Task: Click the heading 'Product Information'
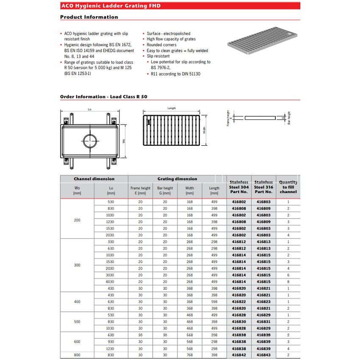(89, 17)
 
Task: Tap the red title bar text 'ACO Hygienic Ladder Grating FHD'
(111, 6)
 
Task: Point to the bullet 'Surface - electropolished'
(169, 33)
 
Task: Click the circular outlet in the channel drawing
(90, 140)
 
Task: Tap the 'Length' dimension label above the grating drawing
(172, 108)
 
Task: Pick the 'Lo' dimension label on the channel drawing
(89, 110)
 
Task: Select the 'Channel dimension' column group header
(94, 179)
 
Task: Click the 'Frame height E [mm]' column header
(140, 191)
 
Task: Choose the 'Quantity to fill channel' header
(288, 187)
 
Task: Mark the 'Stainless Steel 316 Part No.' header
(263, 187)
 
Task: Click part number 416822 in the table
(239, 302)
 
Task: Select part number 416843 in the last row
(263, 355)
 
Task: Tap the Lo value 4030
(111, 282)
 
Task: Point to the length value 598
(214, 302)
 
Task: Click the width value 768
(189, 355)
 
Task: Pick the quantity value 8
(288, 282)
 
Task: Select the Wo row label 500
(77, 322)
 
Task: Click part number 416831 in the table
(263, 322)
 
